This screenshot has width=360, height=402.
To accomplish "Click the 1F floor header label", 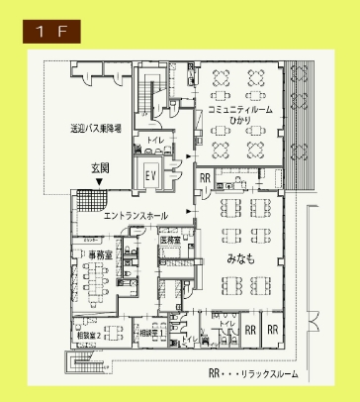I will point(52,32).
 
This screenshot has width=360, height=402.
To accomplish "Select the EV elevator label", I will point(152,175).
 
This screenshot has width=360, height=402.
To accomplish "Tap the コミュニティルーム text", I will point(240,107).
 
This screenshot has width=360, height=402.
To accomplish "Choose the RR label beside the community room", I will point(206,179).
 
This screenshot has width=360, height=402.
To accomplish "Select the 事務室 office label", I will point(98,254).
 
